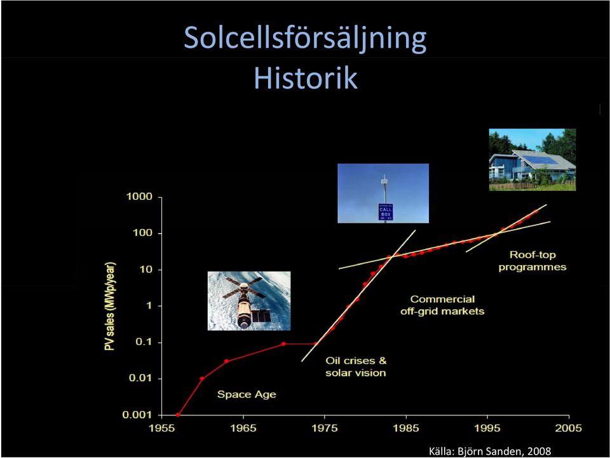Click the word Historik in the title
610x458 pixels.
[306, 78]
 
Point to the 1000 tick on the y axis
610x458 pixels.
[139, 197]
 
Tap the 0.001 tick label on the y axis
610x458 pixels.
[137, 415]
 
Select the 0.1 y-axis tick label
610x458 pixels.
[143, 342]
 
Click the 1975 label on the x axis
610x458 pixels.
[325, 428]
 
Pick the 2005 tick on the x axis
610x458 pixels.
[569, 428]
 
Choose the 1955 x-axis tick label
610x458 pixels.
[162, 428]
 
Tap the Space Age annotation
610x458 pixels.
[247, 394]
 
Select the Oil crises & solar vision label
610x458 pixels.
[356, 366]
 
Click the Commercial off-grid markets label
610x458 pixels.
[442, 305]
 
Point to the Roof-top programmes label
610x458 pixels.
[532, 261]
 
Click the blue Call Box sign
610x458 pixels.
[386, 212]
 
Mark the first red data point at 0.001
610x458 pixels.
[178, 415]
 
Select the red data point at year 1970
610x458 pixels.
[283, 344]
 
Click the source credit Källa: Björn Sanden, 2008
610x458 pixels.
[490, 452]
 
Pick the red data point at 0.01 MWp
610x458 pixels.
[202, 378]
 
